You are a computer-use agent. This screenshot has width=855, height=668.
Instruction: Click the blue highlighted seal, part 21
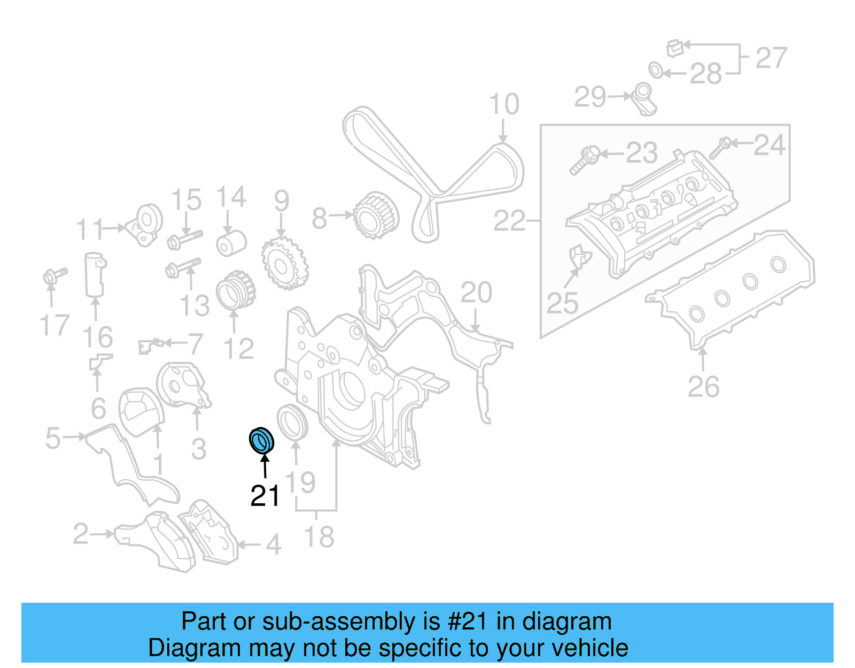(x=262, y=440)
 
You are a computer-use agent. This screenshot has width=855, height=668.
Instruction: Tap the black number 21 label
(x=265, y=496)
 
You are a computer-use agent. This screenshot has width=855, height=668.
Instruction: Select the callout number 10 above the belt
(x=504, y=104)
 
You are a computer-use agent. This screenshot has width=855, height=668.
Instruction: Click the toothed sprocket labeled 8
(x=376, y=216)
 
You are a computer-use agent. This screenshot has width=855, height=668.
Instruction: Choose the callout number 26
(x=703, y=387)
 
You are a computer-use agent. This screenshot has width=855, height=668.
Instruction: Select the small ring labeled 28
(x=656, y=70)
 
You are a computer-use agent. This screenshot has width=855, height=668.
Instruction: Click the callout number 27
(x=771, y=58)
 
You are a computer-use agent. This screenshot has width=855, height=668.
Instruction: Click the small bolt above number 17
(x=54, y=275)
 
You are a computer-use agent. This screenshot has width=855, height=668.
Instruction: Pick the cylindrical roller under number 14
(x=231, y=243)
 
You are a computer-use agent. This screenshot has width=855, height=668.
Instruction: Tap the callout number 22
(x=509, y=220)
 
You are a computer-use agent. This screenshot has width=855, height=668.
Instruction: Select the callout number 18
(x=319, y=537)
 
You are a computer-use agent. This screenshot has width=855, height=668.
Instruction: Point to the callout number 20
(x=476, y=293)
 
